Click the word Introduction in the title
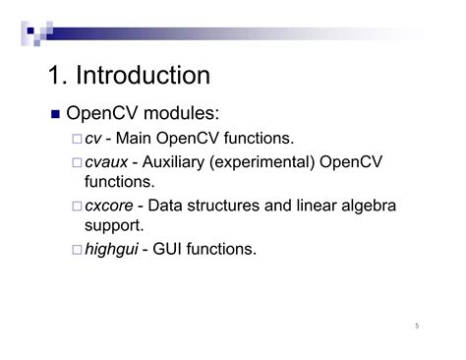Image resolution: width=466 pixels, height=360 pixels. tap(145, 76)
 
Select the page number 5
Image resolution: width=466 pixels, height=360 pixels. tap(417, 327)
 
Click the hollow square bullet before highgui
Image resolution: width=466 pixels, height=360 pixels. tap(77, 250)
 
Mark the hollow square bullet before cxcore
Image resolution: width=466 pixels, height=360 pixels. tap(77, 206)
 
